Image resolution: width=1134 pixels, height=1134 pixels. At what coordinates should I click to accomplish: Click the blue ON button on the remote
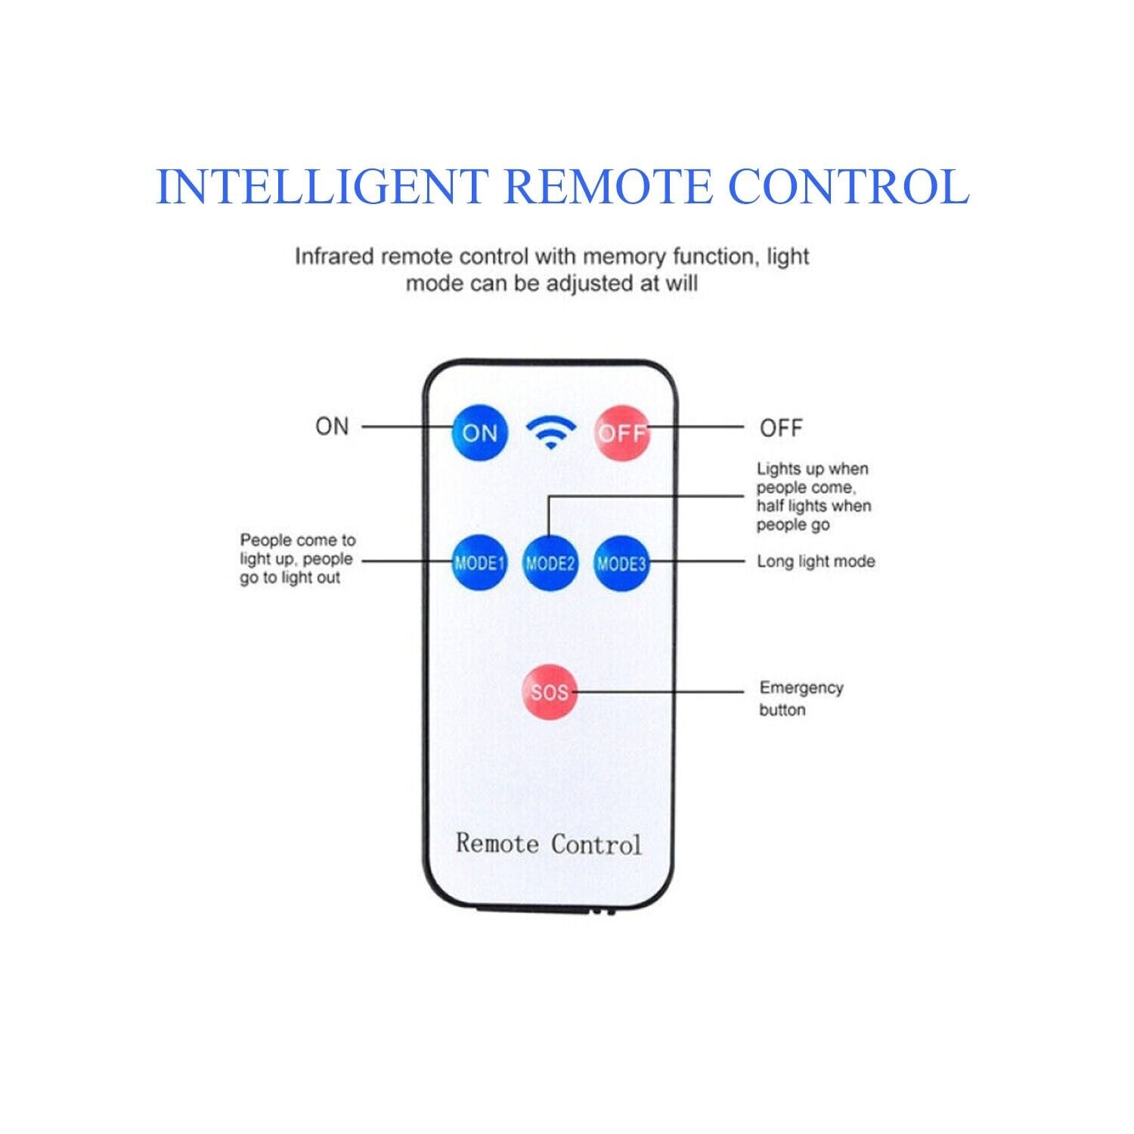(x=479, y=432)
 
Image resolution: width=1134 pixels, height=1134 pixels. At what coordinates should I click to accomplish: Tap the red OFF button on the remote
(x=621, y=432)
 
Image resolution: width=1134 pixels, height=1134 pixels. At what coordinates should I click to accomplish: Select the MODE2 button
(x=550, y=562)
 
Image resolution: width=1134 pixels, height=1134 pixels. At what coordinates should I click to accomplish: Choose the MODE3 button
(x=621, y=562)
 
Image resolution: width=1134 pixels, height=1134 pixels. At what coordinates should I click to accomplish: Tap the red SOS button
(x=550, y=692)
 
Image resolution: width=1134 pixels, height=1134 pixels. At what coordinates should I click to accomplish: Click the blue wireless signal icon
(x=551, y=432)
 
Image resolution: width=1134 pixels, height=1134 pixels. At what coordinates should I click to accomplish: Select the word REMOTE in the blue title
(x=608, y=187)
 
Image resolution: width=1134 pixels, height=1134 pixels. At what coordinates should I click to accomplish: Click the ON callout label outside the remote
(x=332, y=426)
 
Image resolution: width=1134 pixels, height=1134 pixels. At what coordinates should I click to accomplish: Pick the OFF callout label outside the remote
(x=781, y=428)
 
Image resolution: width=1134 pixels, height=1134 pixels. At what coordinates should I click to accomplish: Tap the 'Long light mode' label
(x=816, y=562)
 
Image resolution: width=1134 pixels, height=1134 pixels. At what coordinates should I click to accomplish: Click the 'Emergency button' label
(x=801, y=699)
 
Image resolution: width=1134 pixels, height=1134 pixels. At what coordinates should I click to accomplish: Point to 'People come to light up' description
(x=297, y=559)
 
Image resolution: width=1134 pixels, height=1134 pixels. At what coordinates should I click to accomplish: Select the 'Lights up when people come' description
(x=813, y=497)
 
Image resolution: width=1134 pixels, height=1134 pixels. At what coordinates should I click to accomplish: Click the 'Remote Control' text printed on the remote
(x=548, y=844)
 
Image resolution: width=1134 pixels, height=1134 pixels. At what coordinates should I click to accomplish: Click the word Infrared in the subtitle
(x=334, y=257)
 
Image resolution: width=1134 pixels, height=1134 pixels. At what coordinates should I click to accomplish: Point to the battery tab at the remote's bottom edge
(x=545, y=909)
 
